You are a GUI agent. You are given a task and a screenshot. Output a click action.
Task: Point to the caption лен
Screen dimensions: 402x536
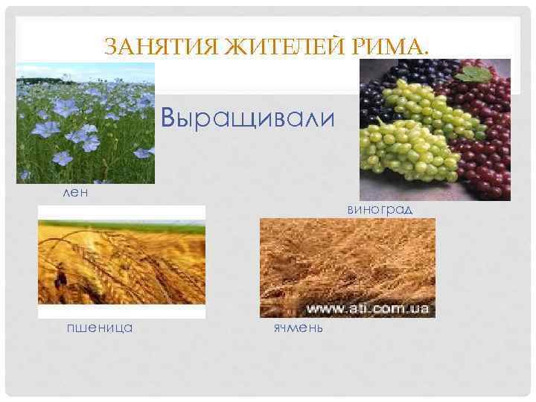tap(75, 192)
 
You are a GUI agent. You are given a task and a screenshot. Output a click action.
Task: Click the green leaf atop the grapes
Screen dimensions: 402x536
tap(471, 73)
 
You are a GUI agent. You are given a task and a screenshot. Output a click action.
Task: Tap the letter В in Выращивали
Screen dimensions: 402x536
tap(170, 118)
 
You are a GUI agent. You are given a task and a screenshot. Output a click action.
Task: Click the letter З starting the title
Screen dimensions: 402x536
tap(110, 48)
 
